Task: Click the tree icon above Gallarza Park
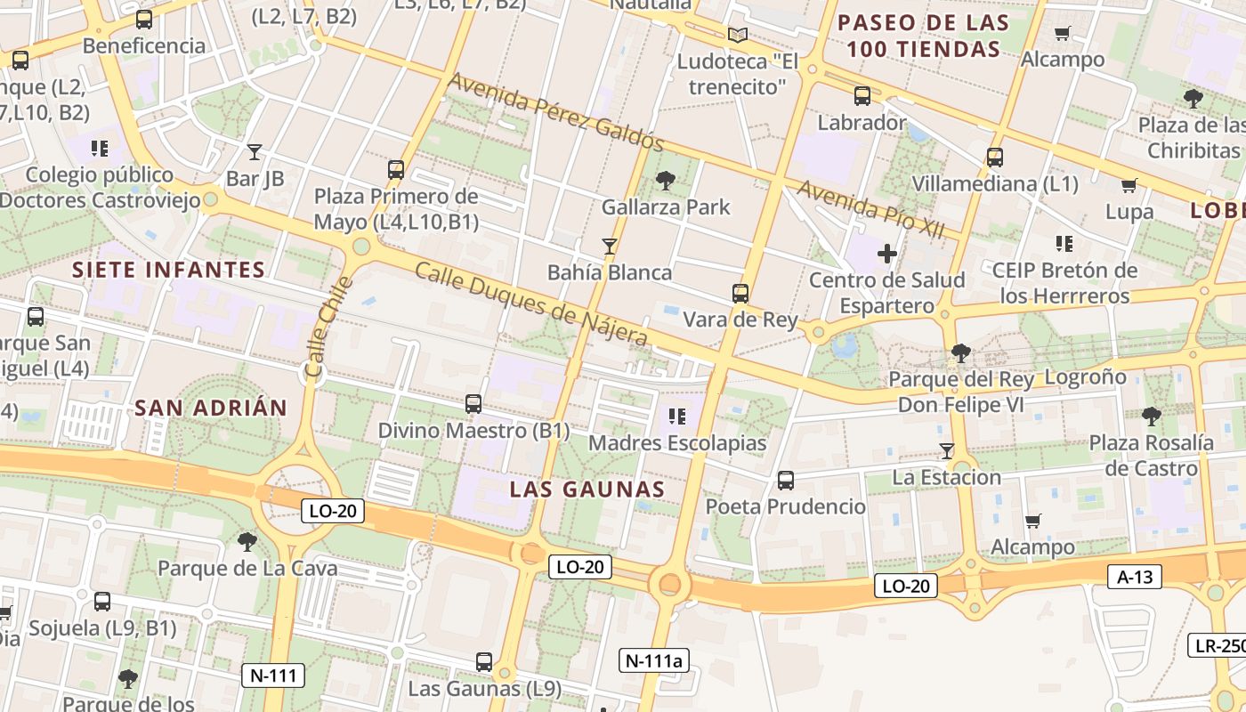coord(665,182)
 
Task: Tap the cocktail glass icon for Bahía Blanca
coord(610,246)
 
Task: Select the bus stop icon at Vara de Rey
coord(740,293)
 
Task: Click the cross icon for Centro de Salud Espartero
coord(887,254)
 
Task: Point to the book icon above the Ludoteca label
coord(738,36)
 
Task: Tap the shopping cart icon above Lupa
coord(1129,186)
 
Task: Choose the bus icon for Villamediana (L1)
coord(995,158)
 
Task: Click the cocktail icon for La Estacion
coord(947,451)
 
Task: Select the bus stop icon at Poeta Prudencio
coord(786,481)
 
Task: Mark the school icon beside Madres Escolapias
coord(677,416)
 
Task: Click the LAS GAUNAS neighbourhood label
coord(587,489)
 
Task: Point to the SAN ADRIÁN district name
coord(211,409)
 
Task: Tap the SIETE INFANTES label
coord(168,270)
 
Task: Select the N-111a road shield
coord(653,660)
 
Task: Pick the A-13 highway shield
coord(1135,577)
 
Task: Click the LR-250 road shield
coord(1218,645)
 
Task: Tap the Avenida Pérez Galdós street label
coord(556,111)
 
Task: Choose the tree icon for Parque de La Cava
coord(247,541)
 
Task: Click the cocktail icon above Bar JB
coord(255,152)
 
